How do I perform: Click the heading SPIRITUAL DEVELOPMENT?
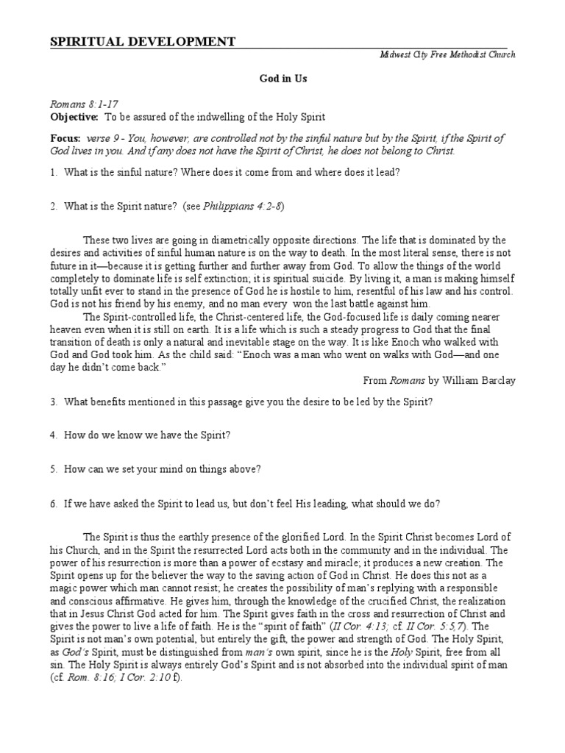143,41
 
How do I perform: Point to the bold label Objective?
74,118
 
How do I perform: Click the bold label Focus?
65,139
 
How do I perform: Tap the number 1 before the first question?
53,172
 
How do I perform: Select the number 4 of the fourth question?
53,435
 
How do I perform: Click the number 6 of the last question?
53,504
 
